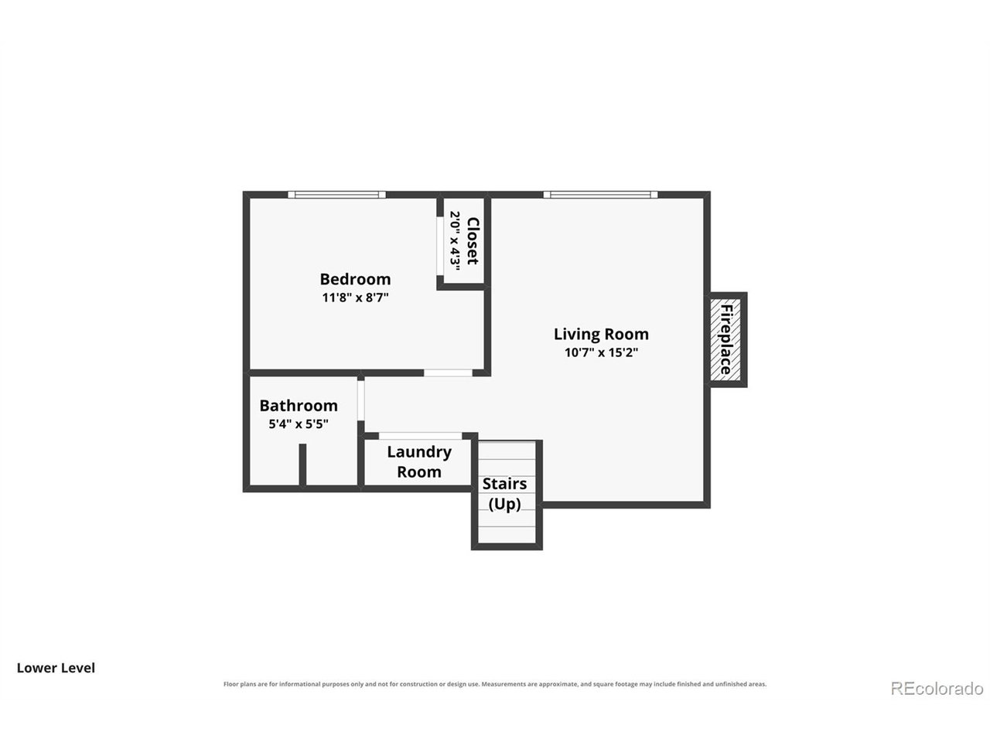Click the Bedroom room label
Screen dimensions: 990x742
(x=355, y=279)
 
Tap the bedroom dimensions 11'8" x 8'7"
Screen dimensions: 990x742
(x=355, y=298)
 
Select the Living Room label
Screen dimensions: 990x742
(x=601, y=334)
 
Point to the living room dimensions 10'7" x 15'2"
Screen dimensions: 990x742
(x=601, y=352)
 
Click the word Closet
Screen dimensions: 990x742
(x=473, y=241)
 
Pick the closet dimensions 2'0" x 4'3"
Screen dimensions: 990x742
(x=455, y=241)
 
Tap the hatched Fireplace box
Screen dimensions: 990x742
(x=725, y=339)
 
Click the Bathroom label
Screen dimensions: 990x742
(x=298, y=406)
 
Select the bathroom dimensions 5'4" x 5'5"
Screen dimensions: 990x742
(x=298, y=424)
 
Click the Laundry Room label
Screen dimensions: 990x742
(x=419, y=461)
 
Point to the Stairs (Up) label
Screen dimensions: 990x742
(x=504, y=494)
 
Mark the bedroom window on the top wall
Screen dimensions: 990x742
(x=337, y=195)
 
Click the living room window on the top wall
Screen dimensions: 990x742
(x=600, y=195)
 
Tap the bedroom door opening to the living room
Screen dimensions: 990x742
(x=448, y=373)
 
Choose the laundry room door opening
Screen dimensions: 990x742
(x=420, y=436)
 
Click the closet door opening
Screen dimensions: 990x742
(x=440, y=246)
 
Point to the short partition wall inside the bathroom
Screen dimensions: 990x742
(x=302, y=465)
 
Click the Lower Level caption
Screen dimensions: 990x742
(x=56, y=668)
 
